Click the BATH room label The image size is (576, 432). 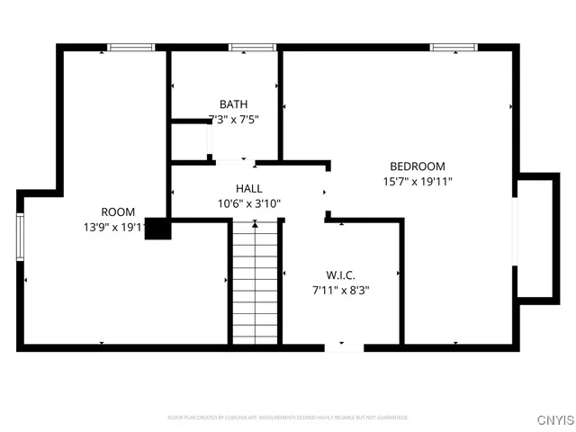click(x=233, y=104)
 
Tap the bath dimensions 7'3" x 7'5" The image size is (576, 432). click(x=233, y=119)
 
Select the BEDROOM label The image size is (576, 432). click(x=417, y=166)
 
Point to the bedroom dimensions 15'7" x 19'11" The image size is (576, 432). click(x=417, y=180)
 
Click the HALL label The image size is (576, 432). click(x=249, y=189)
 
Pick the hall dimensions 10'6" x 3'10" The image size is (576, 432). click(x=249, y=203)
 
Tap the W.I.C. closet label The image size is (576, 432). click(x=340, y=275)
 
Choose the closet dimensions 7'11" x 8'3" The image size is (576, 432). click(x=340, y=290)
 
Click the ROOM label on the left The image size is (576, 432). click(x=117, y=212)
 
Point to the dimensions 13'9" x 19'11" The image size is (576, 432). click(x=113, y=228)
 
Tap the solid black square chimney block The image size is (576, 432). click(x=158, y=229)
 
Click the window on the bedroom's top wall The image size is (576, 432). click(x=445, y=47)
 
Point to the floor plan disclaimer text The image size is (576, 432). click(x=288, y=418)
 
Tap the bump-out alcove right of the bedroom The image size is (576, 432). click(x=536, y=236)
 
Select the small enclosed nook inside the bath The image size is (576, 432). click(x=190, y=140)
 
